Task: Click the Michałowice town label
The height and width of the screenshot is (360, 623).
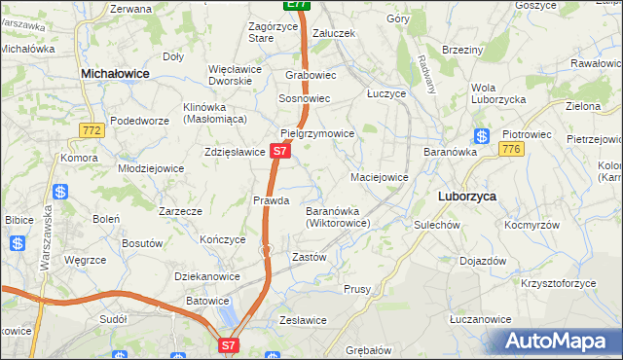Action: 115,73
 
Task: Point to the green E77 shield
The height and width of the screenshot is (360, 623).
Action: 297,5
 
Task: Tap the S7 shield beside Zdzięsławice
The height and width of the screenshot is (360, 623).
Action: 279,151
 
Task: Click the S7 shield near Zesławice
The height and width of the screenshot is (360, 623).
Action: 228,344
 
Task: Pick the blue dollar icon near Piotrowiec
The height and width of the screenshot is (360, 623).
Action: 481,136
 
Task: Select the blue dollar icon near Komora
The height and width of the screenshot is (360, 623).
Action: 60,193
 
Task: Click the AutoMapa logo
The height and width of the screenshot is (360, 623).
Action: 557,341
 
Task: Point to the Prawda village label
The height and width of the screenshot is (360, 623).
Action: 272,200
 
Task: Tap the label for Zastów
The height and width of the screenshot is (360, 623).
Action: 309,257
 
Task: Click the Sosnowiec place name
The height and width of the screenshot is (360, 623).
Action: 305,99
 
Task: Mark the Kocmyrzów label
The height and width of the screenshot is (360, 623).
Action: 531,224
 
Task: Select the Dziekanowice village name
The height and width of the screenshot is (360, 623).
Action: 207,276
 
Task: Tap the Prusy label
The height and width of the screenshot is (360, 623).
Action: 357,289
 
